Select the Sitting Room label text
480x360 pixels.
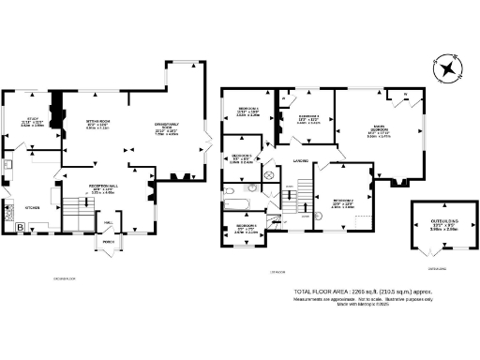point(99,122)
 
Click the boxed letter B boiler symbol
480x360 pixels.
point(20,226)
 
